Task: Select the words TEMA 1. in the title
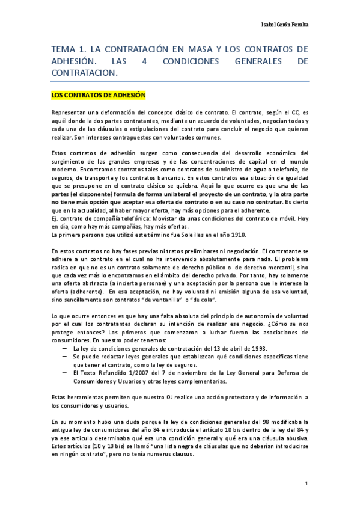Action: pyautogui.click(x=67, y=49)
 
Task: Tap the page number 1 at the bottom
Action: pyautogui.click(x=306, y=483)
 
